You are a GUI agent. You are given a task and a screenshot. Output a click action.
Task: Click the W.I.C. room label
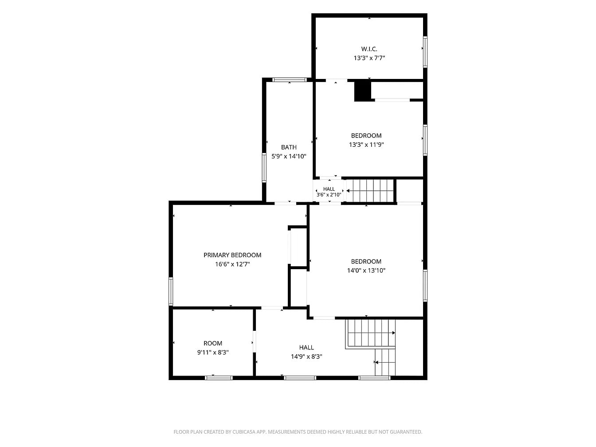[369, 49]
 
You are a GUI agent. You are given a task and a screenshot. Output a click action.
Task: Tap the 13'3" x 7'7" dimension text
[369, 58]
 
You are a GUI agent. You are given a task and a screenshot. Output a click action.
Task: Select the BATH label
[289, 147]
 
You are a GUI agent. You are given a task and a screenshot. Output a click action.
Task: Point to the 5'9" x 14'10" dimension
[289, 157]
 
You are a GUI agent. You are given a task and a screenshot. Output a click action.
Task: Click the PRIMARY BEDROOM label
[232, 255]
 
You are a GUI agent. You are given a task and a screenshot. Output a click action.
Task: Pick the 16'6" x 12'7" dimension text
[232, 264]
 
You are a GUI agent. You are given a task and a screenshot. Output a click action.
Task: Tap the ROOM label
[212, 343]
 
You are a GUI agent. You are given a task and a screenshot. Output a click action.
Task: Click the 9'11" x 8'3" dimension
[212, 352]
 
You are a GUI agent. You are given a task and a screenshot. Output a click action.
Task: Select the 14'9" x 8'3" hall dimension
[306, 357]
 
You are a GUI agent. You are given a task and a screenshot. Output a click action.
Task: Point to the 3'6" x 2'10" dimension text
[329, 195]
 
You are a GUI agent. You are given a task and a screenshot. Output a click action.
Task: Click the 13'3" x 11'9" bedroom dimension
[366, 145]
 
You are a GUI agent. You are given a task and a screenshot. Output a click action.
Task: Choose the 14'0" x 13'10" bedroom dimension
[366, 271]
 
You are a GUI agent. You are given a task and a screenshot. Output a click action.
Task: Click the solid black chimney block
[362, 91]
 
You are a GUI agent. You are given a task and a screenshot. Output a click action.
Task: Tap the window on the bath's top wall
[290, 80]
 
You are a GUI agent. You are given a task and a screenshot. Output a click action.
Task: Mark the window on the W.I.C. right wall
[425, 52]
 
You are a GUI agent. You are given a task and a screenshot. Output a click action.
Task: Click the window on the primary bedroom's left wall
[171, 291]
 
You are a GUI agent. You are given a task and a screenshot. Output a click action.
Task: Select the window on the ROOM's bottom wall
[219, 378]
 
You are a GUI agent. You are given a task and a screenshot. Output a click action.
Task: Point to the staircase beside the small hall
[370, 191]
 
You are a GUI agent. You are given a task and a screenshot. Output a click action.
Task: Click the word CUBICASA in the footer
[244, 432]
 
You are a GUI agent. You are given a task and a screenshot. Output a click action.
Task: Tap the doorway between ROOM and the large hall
[254, 341]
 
